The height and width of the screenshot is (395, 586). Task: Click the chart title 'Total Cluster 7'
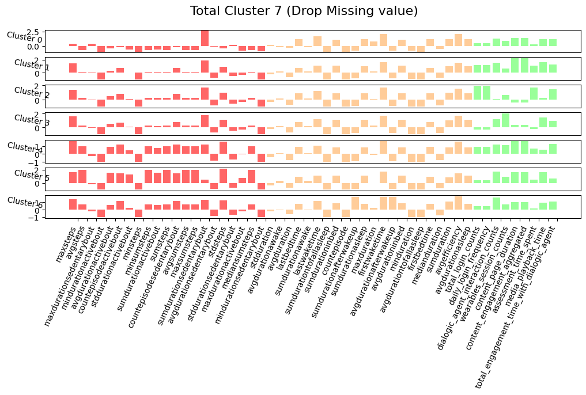[x=304, y=11]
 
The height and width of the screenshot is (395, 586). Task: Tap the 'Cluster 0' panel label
[x=24, y=37]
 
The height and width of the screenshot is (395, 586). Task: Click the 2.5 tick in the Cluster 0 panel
[x=34, y=32]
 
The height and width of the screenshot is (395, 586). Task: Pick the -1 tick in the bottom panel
[x=36, y=217]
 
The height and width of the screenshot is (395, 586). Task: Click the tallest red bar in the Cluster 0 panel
[x=205, y=38]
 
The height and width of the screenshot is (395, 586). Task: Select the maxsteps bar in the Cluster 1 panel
[x=73, y=68]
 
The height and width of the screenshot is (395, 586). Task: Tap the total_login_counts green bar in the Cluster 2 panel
[x=477, y=93]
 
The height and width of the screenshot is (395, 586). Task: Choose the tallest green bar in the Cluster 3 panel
[x=505, y=120]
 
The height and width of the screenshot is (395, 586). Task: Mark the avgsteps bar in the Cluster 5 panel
[x=82, y=177]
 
